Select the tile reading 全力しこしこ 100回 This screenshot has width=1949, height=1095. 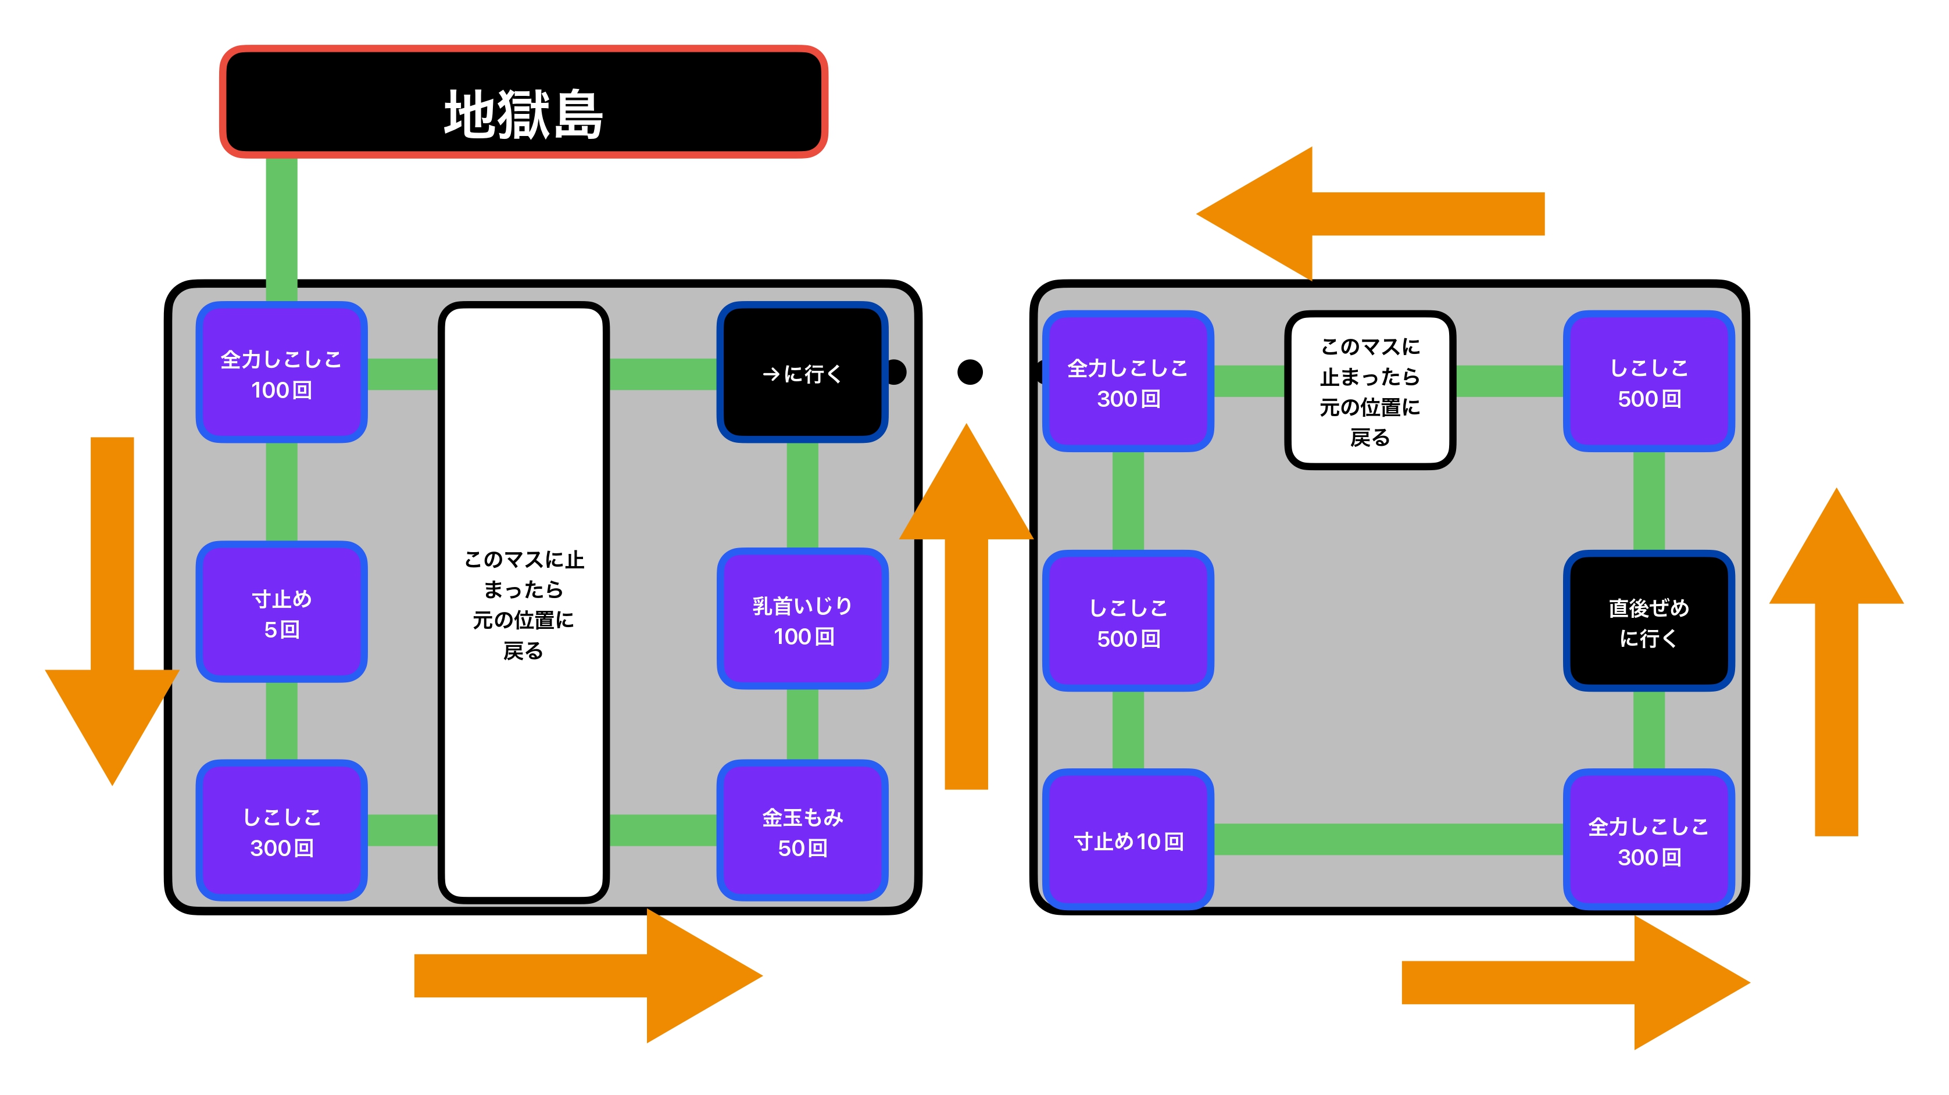point(281,373)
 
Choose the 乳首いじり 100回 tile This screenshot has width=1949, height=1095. point(802,619)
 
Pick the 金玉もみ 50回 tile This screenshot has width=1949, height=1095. point(802,831)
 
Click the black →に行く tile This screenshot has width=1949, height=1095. point(802,373)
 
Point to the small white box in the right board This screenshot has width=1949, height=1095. point(1369,391)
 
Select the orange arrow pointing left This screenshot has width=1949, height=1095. point(1362,213)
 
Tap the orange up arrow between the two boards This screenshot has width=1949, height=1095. point(966,606)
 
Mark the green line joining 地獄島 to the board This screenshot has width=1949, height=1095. point(281,227)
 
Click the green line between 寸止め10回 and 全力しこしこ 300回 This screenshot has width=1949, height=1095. point(1388,839)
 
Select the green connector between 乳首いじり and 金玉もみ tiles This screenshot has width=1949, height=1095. point(802,724)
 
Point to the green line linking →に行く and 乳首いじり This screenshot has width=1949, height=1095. point(802,495)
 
